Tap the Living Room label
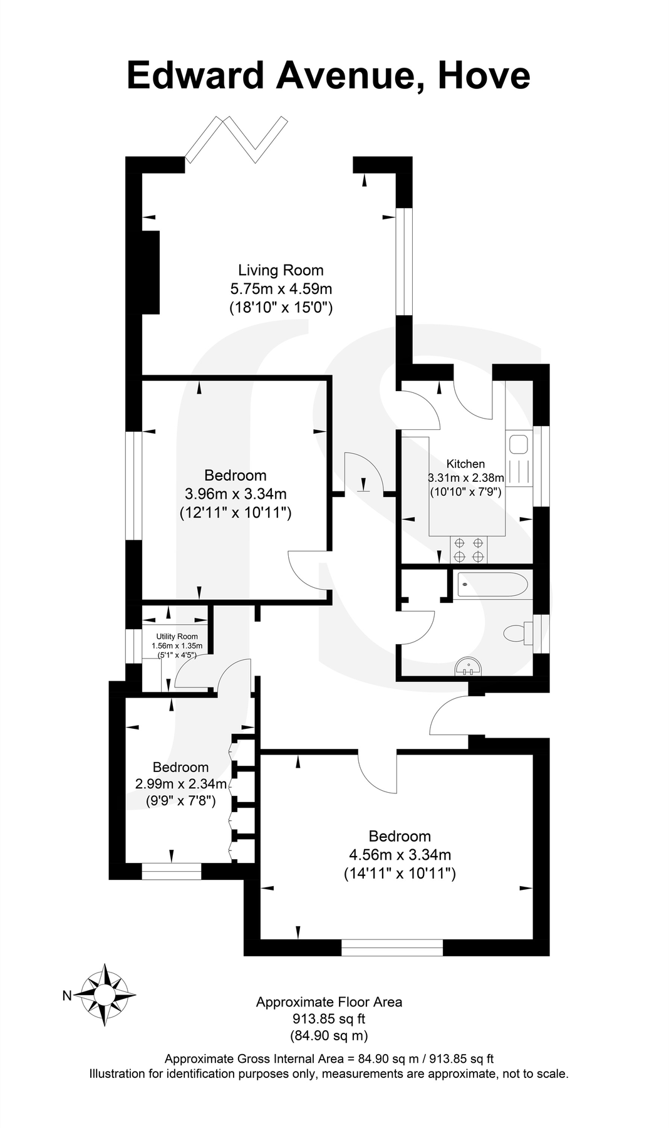281,270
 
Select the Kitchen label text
465,464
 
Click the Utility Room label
177,636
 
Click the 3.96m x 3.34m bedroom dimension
236,494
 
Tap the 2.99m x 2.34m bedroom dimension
180,783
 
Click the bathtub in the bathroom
492,584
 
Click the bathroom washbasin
469,666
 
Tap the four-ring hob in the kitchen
469,550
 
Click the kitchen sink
519,444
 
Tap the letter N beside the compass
67,995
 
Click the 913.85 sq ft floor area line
329,1018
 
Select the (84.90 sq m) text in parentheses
329,1035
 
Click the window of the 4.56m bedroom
392,947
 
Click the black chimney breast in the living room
150,272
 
